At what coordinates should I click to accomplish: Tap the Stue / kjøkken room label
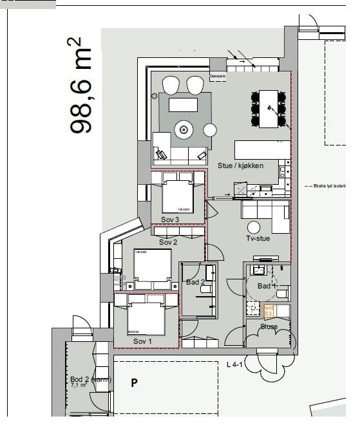point(240,165)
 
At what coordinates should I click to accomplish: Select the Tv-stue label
point(259,239)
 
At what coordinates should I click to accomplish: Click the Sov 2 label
point(168,242)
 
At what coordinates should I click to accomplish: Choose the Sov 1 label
point(143,341)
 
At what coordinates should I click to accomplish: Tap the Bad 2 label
point(196,282)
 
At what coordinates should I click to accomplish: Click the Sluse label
point(269,327)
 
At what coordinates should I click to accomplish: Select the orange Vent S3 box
point(269,312)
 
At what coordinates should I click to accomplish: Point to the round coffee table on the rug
point(184,129)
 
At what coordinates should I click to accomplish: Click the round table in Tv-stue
point(254,227)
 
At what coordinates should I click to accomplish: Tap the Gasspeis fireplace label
point(218,76)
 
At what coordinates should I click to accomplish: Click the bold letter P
point(135,383)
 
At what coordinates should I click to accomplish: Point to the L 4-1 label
point(234,365)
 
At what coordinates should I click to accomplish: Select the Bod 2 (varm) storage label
point(90,380)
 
